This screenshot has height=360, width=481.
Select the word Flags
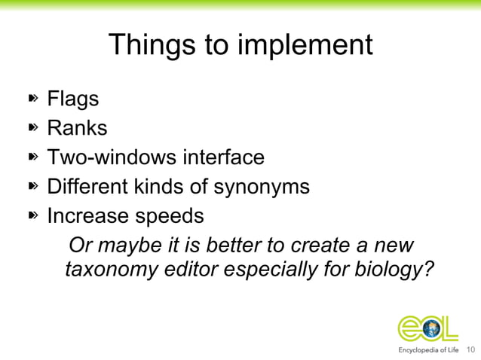(x=73, y=99)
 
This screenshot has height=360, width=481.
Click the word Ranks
(x=77, y=128)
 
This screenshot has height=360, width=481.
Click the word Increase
(x=88, y=216)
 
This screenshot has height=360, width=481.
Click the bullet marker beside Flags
(x=33, y=99)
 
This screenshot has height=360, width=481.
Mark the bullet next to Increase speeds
(x=33, y=216)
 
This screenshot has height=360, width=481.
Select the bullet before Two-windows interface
(x=33, y=157)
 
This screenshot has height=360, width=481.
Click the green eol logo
(x=427, y=328)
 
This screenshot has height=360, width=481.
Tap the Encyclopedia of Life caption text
(x=427, y=350)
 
